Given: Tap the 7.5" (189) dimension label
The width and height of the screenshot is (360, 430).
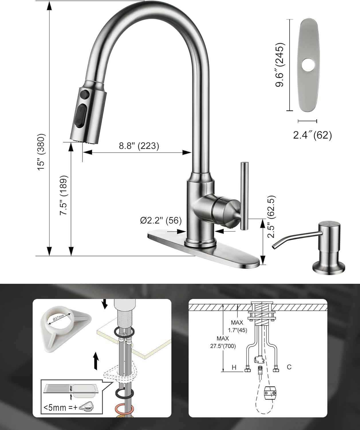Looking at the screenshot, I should (x=64, y=195).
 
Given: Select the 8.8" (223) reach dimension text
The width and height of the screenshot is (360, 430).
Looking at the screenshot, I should (x=139, y=146).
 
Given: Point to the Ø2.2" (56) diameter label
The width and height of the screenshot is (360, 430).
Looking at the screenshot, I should (x=161, y=220).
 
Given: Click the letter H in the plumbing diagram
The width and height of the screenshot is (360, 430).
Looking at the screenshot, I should (x=234, y=367).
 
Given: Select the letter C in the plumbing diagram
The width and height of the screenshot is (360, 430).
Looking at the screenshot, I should (x=289, y=367).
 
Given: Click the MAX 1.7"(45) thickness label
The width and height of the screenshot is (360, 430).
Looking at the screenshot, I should (x=237, y=326).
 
